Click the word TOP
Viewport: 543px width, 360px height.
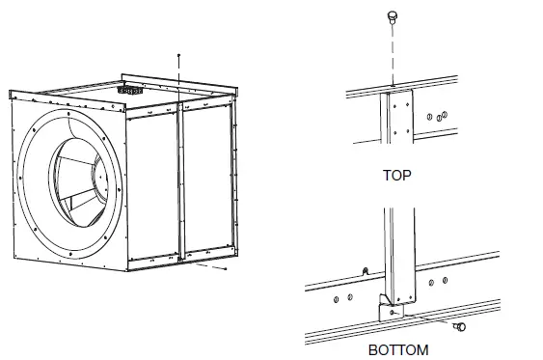[397, 178]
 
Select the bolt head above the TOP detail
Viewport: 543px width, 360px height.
[393, 15]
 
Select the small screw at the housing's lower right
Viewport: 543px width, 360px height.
[225, 270]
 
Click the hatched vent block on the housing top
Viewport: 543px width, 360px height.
[124, 87]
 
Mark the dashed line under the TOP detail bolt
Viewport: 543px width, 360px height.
[393, 53]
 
